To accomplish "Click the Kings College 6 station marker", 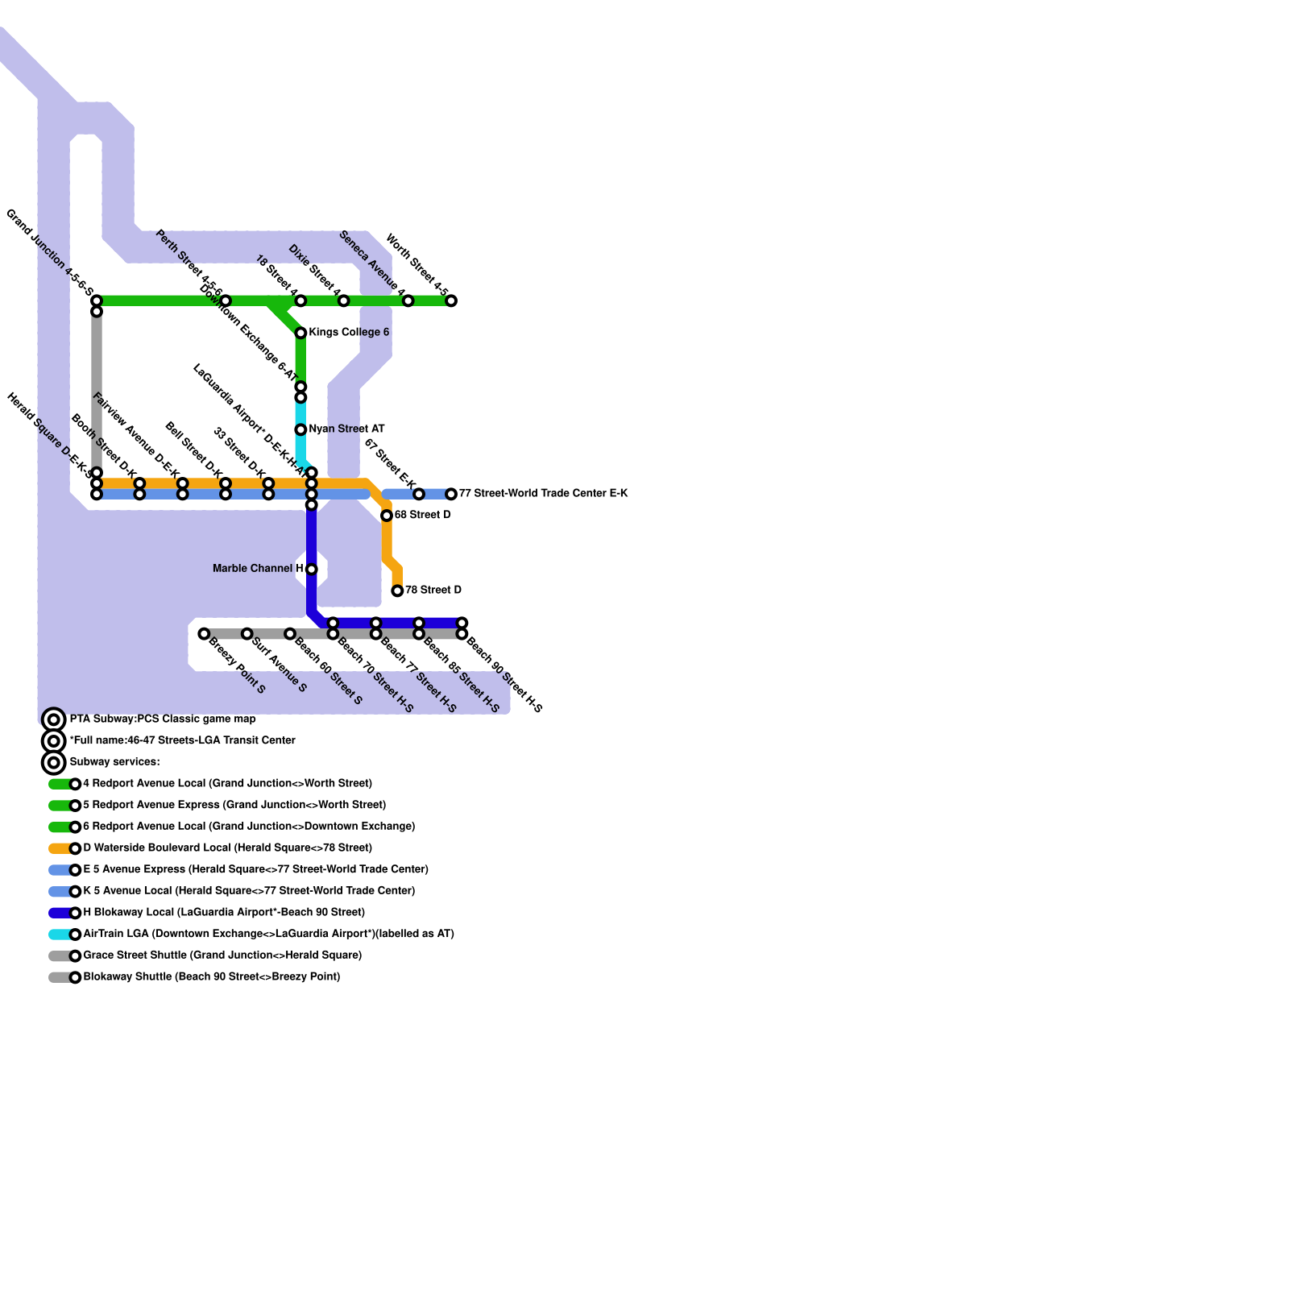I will tap(300, 333).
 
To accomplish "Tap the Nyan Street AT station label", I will tap(346, 429).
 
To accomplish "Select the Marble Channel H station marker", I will tap(311, 569).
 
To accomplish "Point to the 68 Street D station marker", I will tap(387, 516).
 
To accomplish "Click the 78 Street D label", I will tap(433, 591).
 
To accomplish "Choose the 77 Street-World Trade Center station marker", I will tap(451, 494).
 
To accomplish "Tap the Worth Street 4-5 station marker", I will tap(451, 300).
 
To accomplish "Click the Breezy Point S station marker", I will tap(204, 634).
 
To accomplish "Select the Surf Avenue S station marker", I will tap(247, 634).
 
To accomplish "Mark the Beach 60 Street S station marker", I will tap(290, 634).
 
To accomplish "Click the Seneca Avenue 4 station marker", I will tap(408, 300).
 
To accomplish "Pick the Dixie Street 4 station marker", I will tap(343, 300).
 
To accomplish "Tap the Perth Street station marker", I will tap(226, 300).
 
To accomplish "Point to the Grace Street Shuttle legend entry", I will tap(222, 955).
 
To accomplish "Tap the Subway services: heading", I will tap(114, 762).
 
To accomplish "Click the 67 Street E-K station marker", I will tap(419, 494).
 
